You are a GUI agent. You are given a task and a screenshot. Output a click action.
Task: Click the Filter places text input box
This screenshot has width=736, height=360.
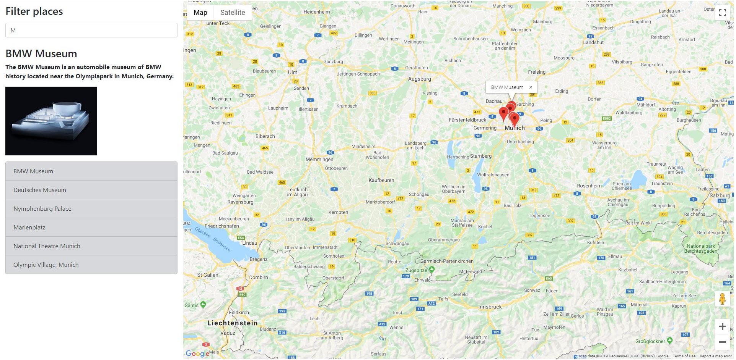(x=91, y=30)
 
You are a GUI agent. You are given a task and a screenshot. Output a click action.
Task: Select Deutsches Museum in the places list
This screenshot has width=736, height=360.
(x=91, y=190)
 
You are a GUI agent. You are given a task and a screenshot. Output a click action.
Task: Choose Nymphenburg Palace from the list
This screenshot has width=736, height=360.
(x=91, y=209)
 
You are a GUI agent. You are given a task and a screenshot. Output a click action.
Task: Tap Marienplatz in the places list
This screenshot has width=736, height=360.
(x=91, y=228)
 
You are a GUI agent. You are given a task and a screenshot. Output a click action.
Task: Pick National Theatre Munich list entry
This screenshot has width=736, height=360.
(x=91, y=246)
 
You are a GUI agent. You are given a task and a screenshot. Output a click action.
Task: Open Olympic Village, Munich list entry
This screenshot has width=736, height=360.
(x=91, y=265)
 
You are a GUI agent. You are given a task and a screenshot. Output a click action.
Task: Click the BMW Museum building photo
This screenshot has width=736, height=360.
(x=51, y=121)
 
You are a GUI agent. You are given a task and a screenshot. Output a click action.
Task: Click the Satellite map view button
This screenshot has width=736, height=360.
(x=233, y=13)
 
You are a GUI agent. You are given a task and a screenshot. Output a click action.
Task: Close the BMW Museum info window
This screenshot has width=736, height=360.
(x=531, y=87)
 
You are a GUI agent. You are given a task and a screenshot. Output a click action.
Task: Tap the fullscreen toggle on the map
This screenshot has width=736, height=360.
(x=722, y=13)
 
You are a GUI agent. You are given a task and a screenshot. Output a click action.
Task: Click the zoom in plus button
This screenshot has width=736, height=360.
(x=722, y=326)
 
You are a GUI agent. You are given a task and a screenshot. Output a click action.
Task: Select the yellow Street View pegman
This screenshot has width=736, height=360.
(x=722, y=299)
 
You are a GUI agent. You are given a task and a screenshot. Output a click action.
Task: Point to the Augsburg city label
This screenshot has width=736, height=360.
(x=419, y=79)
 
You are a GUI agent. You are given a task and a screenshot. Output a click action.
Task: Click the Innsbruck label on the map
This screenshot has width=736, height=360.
(x=490, y=307)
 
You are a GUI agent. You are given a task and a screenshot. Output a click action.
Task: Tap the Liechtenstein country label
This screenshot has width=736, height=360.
(x=232, y=323)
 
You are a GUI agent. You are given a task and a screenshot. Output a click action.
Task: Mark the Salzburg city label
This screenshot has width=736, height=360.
(x=720, y=195)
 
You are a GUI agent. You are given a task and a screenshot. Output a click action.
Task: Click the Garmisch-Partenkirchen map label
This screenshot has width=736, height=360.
(x=447, y=262)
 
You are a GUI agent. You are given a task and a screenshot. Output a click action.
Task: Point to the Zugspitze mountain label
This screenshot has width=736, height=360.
(x=416, y=270)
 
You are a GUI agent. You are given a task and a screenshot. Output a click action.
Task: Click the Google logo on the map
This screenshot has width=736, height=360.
(x=197, y=354)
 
